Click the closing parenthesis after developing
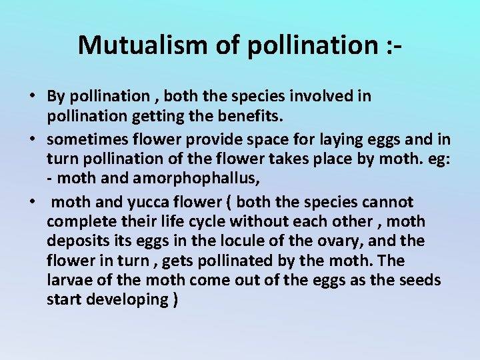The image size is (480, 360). (x=175, y=299)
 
